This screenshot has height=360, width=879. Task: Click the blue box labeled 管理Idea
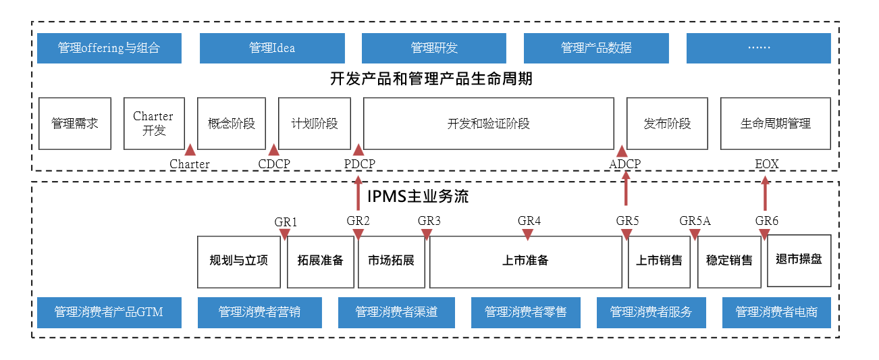pos(271,48)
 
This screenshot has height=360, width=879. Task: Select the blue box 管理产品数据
pos(596,48)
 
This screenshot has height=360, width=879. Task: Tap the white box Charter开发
pos(154,124)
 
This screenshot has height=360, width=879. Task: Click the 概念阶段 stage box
pos(232,124)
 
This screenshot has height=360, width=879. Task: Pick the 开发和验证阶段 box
pos(488,124)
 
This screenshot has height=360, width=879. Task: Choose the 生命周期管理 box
pos(775,124)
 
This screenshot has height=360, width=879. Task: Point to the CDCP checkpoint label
pos(273,164)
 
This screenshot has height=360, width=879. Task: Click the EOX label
pos(766,164)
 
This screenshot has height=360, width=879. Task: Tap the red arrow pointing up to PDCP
pos(358,193)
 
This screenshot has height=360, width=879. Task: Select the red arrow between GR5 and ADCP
pos(626,189)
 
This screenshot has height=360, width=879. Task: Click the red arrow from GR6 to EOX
pos(765,194)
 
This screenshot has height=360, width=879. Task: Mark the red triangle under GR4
pos(527,234)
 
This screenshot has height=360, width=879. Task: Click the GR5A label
pos(695,221)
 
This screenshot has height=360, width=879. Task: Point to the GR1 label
pos(286,222)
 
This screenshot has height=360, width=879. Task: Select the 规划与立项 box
pos(238,261)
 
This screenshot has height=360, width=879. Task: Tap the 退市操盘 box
pos(799,259)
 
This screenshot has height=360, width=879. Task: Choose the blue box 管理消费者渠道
pos(396,312)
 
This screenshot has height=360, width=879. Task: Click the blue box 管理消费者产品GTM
pos(109,312)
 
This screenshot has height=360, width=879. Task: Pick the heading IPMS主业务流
pos(418,197)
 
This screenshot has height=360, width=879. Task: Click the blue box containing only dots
pos(758,48)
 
